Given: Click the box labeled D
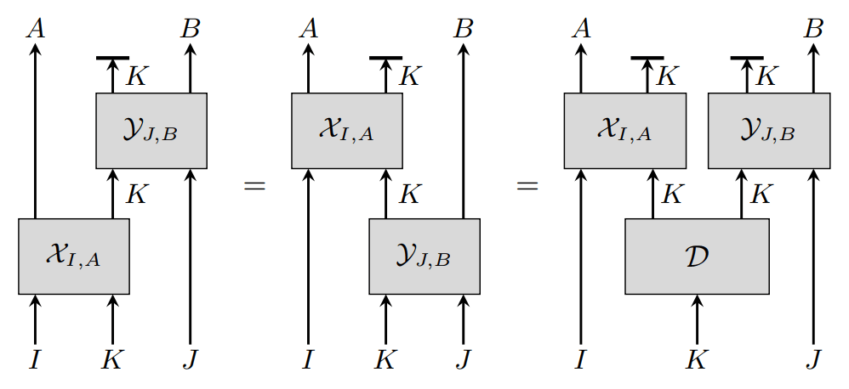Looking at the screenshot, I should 697,257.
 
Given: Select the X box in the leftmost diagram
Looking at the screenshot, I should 74,257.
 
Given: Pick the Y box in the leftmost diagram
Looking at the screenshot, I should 151,131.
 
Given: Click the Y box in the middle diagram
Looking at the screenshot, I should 424,257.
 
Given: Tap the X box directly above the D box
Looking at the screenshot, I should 624,131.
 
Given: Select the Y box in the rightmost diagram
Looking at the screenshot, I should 768,131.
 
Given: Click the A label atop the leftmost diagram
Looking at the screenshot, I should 36,29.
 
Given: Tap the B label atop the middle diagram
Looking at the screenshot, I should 463,29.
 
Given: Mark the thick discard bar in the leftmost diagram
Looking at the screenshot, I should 112,58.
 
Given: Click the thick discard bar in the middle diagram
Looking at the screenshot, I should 385,58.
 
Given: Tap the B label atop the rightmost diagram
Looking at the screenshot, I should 814,29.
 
